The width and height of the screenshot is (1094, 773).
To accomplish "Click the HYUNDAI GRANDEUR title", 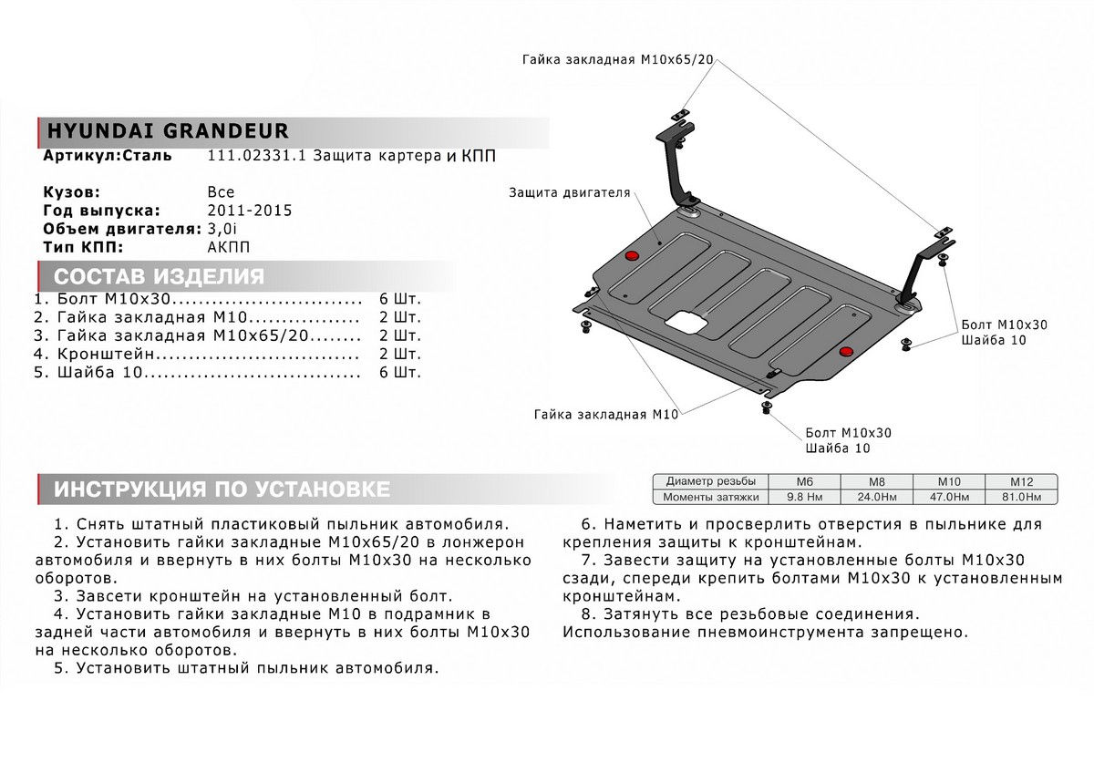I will tap(166, 130).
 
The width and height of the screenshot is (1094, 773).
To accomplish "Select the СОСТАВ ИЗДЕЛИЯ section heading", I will tap(160, 277).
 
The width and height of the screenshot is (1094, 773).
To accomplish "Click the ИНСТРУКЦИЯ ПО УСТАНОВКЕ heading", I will tap(222, 490).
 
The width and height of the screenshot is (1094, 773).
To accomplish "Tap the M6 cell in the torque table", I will tap(804, 481).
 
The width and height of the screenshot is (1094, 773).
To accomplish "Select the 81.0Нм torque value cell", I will tap(1019, 497).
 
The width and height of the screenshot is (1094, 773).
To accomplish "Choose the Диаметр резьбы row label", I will tap(710, 481).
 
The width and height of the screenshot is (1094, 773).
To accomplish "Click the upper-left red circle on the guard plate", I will tap(631, 254).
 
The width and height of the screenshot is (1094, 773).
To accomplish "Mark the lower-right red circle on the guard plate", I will tap(847, 351).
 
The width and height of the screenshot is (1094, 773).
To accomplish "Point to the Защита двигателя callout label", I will tap(570, 193).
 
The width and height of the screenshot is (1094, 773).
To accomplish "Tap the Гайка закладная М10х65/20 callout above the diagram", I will tap(617, 59).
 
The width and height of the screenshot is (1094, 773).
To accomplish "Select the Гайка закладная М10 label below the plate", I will tap(607, 414).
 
